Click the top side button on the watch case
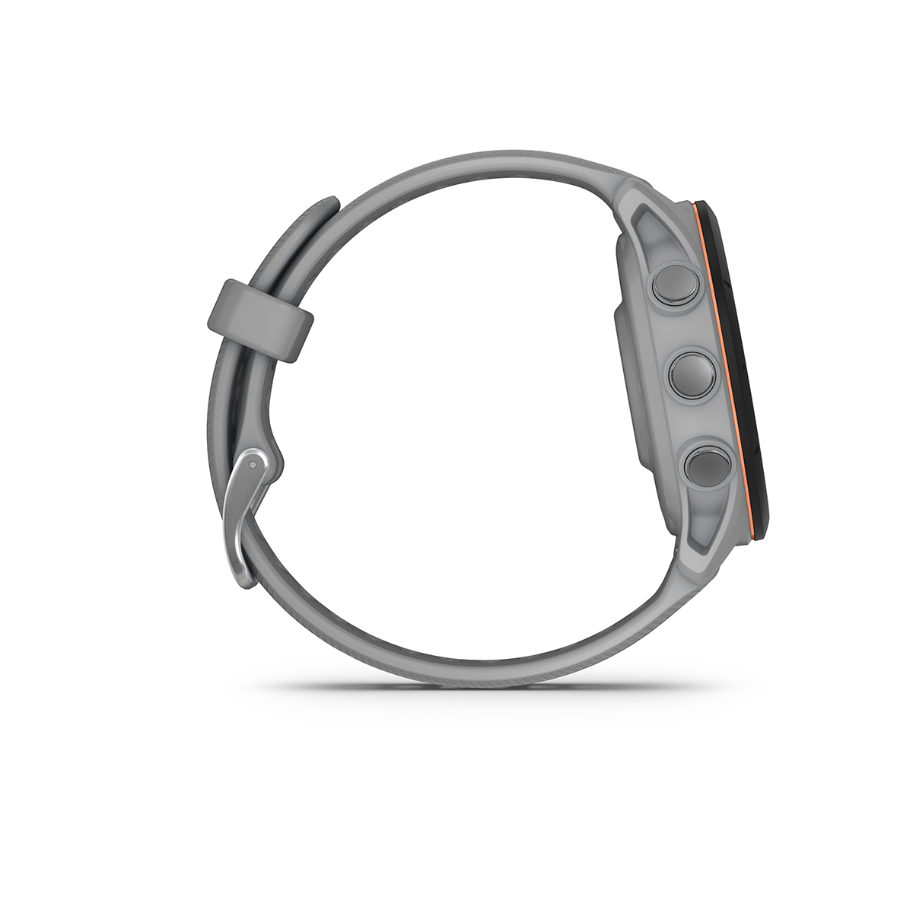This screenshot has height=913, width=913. pyautogui.click(x=674, y=282)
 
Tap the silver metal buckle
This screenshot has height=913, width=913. pyautogui.click(x=245, y=502)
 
